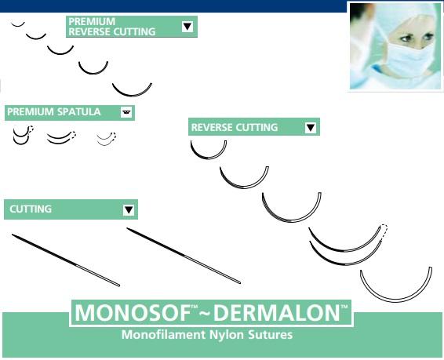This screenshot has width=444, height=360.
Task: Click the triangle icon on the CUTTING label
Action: click(x=129, y=210)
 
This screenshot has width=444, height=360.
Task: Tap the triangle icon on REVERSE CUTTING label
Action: click(x=311, y=128)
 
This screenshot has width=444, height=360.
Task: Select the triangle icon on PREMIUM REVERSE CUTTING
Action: click(x=187, y=27)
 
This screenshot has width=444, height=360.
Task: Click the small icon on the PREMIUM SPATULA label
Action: click(x=126, y=113)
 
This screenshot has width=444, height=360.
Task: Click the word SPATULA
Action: click(x=79, y=112)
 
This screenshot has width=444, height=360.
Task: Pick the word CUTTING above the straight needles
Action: click(x=31, y=209)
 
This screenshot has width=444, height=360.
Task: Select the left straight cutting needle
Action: click(x=66, y=259)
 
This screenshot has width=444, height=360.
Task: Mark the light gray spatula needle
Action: click(x=105, y=140)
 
